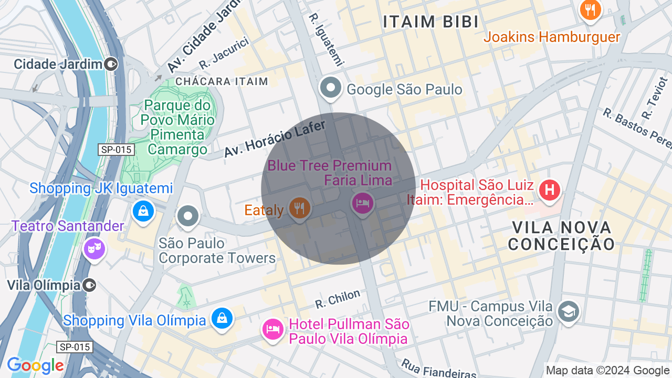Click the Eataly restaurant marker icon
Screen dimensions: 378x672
pyautogui.click(x=299, y=208)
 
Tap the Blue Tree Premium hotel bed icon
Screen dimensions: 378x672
pyautogui.click(x=362, y=203)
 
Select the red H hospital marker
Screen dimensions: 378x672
pyautogui.click(x=549, y=189)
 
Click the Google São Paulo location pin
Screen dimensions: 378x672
pyautogui.click(x=331, y=88)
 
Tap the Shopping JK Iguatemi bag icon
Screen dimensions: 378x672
pyautogui.click(x=143, y=211)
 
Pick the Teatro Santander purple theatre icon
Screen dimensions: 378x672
pyautogui.click(x=94, y=248)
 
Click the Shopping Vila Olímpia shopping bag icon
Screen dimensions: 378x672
pyautogui.click(x=222, y=318)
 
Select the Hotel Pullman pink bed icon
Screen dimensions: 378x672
pyautogui.click(x=272, y=329)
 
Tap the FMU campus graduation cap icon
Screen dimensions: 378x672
pyautogui.click(x=568, y=311)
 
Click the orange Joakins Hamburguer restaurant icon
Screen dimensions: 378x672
pyautogui.click(x=591, y=9)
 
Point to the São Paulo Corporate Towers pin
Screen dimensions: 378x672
pyautogui.click(x=187, y=216)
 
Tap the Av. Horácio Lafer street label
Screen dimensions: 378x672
pyautogui.click(x=275, y=139)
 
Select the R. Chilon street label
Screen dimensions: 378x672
pyautogui.click(x=338, y=299)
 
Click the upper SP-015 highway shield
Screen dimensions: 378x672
pyautogui.click(x=117, y=150)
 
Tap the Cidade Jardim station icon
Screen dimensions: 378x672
pyautogui.click(x=111, y=65)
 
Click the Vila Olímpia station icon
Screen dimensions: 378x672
pyautogui.click(x=90, y=285)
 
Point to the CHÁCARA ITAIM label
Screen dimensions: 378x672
pyautogui.click(x=222, y=81)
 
